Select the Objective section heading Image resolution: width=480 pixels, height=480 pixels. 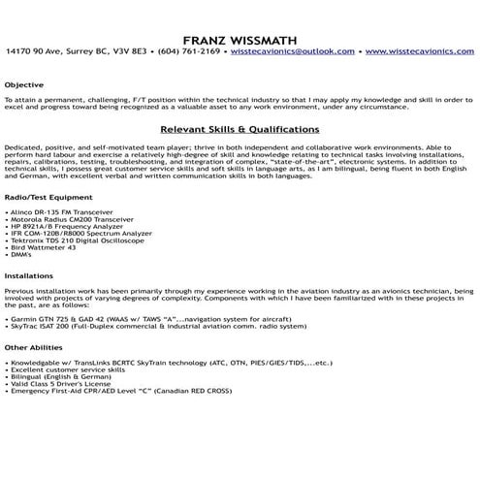point(24,85)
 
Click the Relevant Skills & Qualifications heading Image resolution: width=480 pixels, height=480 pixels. point(240,128)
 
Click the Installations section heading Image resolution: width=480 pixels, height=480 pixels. point(29,275)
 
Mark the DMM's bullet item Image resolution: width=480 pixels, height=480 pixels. point(19,258)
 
